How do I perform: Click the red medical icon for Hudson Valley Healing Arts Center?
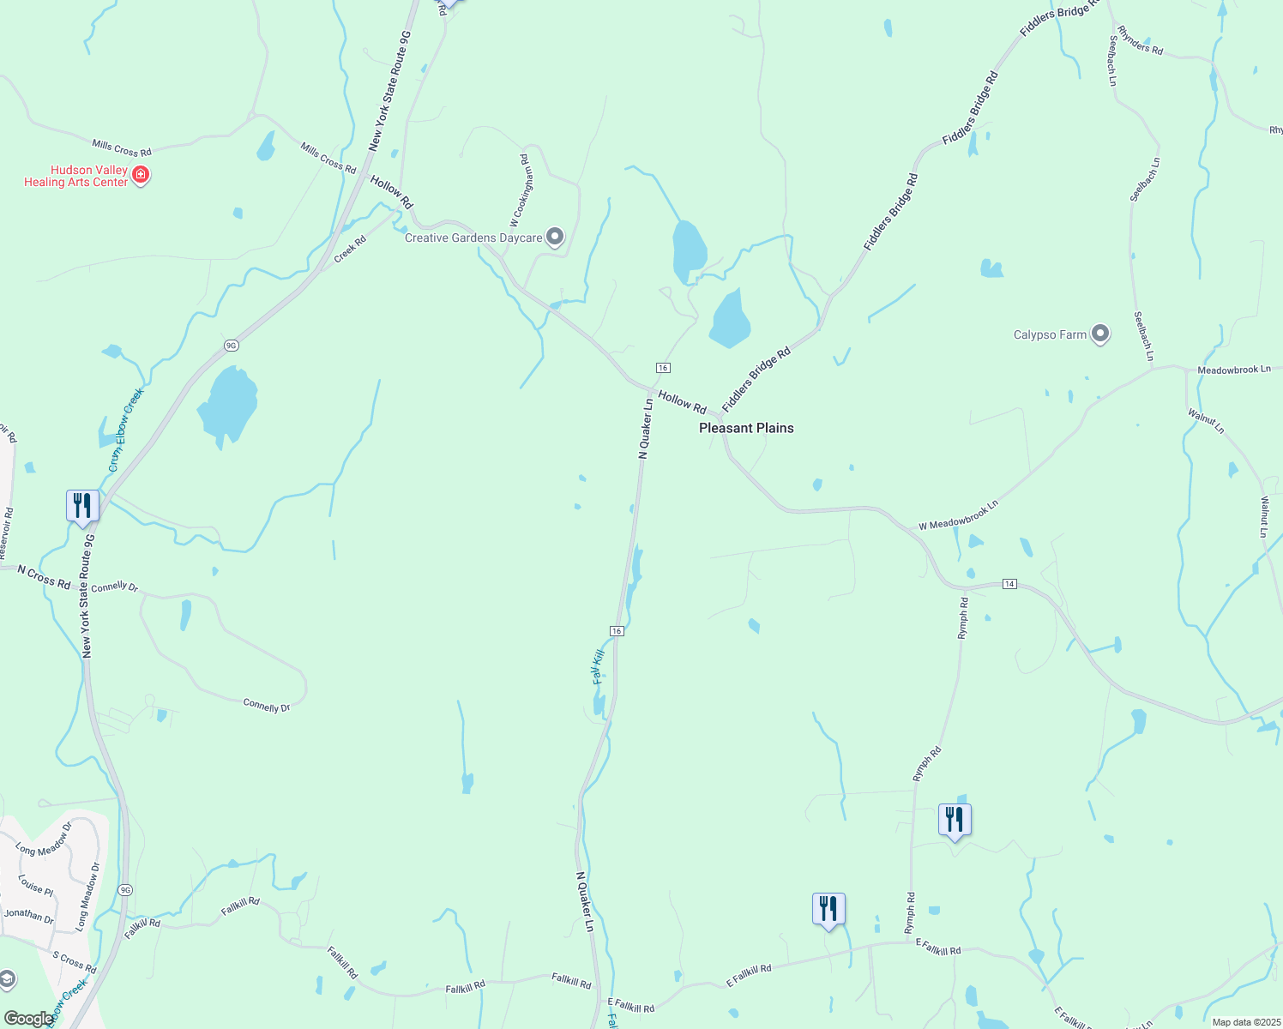point(142,176)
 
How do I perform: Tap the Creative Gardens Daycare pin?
point(555,236)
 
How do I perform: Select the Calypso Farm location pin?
point(1100,334)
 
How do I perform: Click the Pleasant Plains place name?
point(746,428)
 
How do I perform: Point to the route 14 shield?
point(1009,584)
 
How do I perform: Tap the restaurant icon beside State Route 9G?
point(82,505)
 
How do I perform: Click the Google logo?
point(28,1019)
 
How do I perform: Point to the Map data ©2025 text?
point(1245,1022)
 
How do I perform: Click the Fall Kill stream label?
point(599,666)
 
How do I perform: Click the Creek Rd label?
point(350,249)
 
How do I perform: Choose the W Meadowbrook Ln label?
point(958,515)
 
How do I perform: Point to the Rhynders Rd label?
point(1140,40)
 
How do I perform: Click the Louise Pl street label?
point(35,885)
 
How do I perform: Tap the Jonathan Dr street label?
point(28,915)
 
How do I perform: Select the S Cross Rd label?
point(75,962)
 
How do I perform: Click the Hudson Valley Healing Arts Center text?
point(75,176)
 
